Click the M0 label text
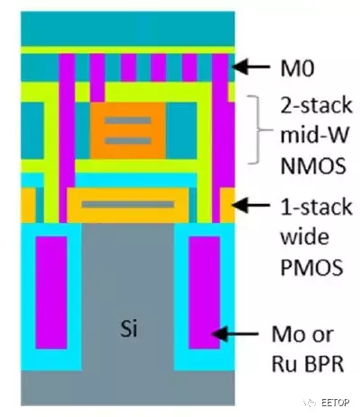coord(297,68)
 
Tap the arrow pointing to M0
coord(250,67)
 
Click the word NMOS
coord(313,165)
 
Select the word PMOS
coord(312,267)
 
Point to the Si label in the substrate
coord(128,328)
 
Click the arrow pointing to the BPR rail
coord(235,333)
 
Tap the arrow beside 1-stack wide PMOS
coord(250,205)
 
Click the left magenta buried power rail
coord(51,293)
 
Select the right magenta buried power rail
coord(204,293)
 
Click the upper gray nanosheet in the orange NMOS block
coord(127,120)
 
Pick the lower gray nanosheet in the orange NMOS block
coord(127,140)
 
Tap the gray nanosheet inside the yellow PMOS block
coord(127,205)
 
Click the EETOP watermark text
coord(336,403)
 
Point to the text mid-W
coord(314,135)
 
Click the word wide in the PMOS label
coord(304,236)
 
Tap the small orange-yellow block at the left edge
coord(28,205)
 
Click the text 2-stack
coord(316,105)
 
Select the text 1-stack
coord(316,207)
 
